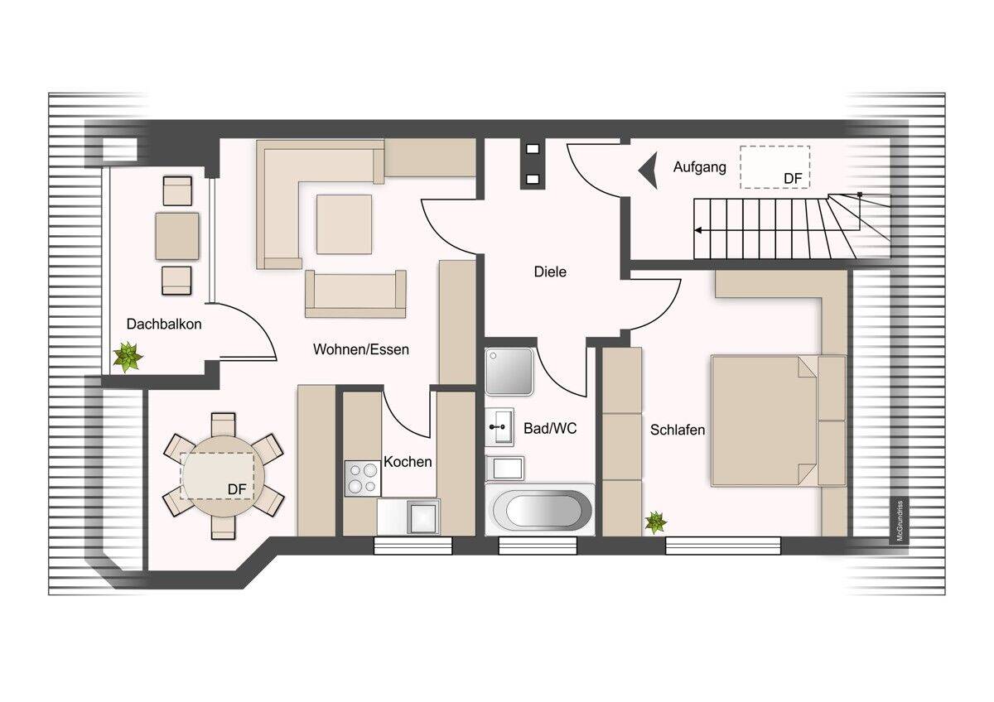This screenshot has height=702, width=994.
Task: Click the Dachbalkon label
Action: click(164, 325)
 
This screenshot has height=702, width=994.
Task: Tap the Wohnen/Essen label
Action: click(361, 349)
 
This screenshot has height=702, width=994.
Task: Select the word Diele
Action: click(550, 272)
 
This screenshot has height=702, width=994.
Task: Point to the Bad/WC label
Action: click(550, 428)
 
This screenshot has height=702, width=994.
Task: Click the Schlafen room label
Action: click(678, 430)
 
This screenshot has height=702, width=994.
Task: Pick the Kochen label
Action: click(408, 462)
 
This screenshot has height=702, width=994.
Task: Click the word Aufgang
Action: click(699, 167)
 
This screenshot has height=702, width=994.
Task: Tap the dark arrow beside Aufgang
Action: click(649, 171)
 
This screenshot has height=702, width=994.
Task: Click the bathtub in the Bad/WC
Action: click(539, 510)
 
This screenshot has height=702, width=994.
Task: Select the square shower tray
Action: click(509, 372)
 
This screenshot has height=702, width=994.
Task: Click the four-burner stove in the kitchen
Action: click(362, 478)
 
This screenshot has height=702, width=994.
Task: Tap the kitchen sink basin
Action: click(423, 517)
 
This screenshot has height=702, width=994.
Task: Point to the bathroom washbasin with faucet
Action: click(499, 426)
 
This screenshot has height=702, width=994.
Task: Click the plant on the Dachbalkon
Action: click(128, 356)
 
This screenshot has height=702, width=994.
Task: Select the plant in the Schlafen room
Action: click(655, 522)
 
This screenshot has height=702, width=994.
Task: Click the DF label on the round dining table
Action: click(237, 489)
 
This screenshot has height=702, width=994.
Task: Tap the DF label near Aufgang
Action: click(793, 179)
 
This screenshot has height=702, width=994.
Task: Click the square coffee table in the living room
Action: click(344, 224)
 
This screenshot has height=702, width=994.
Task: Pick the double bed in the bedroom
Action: click(779, 421)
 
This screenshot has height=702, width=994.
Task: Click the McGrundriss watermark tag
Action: click(900, 521)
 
